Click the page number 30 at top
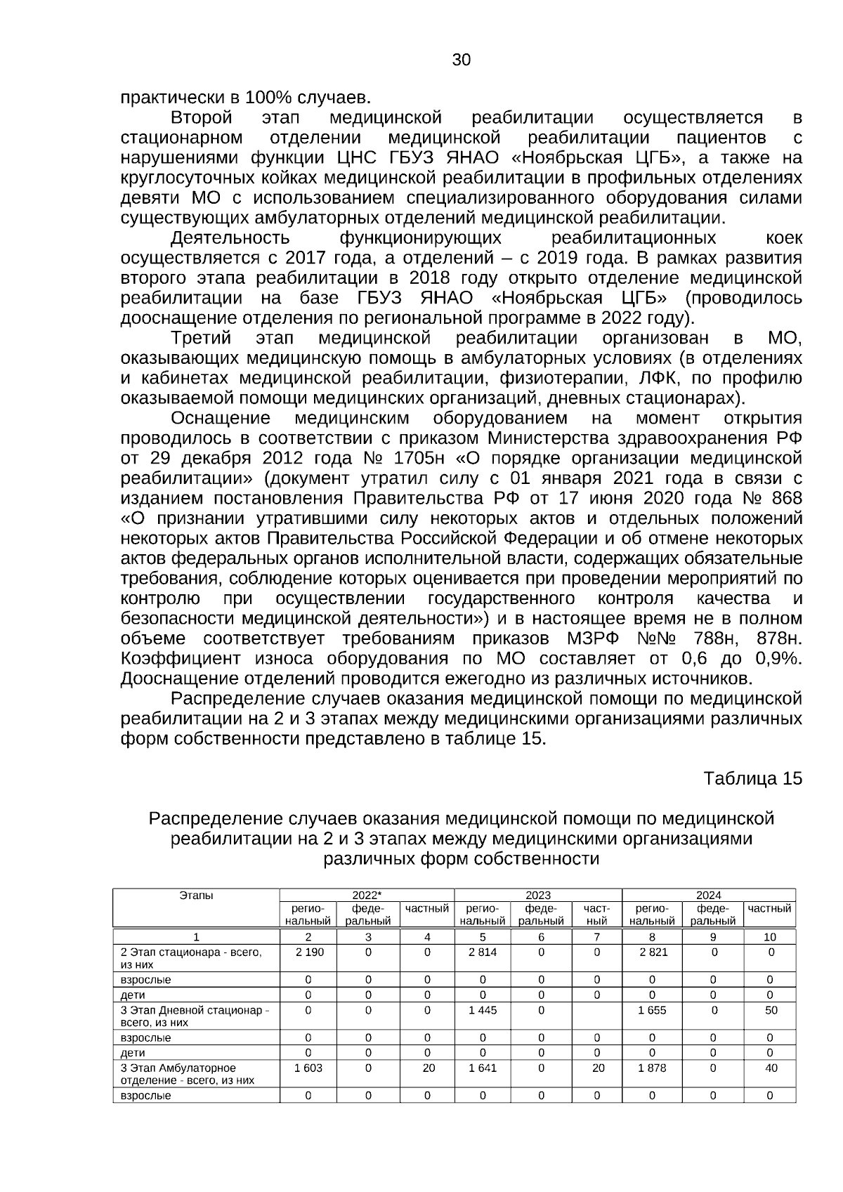[461, 60]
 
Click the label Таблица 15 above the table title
[752, 779]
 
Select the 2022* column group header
[367, 895]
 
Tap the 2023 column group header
[538, 895]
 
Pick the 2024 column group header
[708, 895]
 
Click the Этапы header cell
[196, 895]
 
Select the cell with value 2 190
[308, 952]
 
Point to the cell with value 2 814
[483, 952]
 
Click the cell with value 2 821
[652, 952]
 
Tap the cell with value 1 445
[483, 1010]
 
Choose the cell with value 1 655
[652, 1010]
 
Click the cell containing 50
[771, 1010]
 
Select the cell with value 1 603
[308, 1068]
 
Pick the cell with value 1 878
[652, 1068]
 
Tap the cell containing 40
[771, 1068]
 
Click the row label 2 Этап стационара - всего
[191, 952]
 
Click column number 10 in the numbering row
[770, 937]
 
